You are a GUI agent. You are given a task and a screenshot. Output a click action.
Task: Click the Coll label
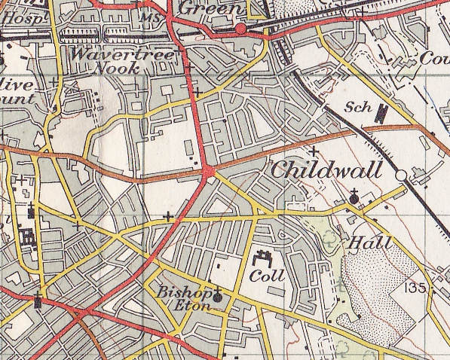tap(268, 276)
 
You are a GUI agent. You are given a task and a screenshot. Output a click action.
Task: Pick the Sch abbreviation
tap(360, 108)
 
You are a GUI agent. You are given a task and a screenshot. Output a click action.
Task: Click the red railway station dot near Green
tap(241, 29)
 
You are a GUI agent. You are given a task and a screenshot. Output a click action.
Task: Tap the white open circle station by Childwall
tap(402, 175)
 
